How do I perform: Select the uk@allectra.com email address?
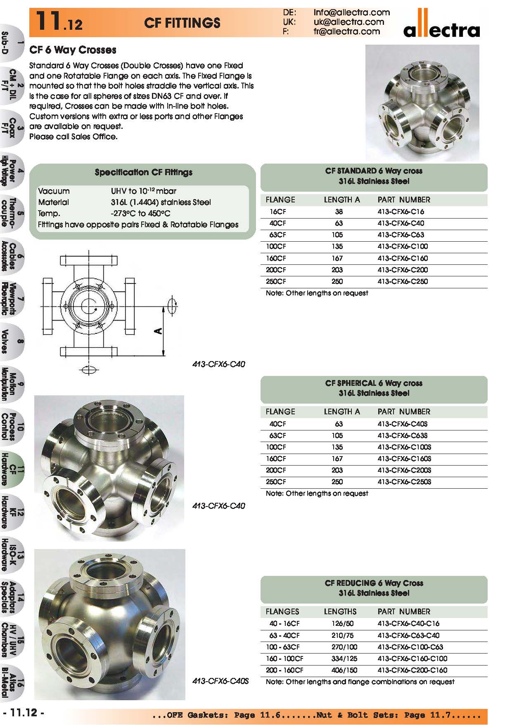348,22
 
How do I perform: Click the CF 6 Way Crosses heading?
73,50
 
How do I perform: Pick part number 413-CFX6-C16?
401,212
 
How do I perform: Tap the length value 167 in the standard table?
337,258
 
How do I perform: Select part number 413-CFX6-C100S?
404,447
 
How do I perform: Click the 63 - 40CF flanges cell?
284,635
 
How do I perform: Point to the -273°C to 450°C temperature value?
140,214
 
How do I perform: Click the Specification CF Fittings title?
143,172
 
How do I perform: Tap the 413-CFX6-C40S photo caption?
220,681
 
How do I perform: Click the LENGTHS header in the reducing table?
340,611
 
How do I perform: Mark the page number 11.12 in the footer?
24,713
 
